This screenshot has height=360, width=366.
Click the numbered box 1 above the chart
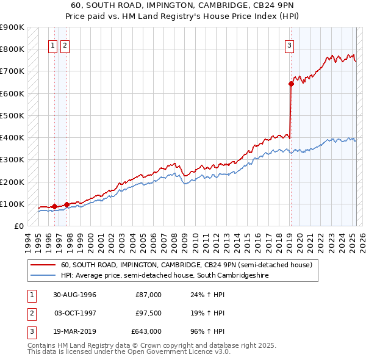click(52, 45)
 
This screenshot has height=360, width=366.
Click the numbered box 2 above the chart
click(65, 45)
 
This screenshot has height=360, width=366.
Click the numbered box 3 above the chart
click(289, 45)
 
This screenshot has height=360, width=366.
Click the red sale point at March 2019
click(291, 84)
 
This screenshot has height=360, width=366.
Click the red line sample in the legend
click(43, 265)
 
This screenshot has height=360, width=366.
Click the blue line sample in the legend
click(43, 276)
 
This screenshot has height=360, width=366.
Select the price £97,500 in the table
click(148, 313)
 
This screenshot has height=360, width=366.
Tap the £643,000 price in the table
click(146, 331)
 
